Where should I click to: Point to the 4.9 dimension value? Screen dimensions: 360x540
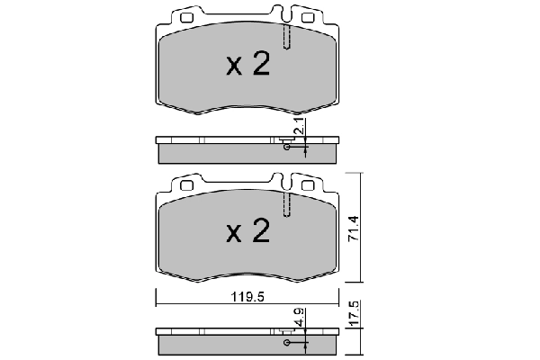297,317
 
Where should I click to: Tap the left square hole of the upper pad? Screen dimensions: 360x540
187,17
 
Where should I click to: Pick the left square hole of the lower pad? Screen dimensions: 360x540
187,184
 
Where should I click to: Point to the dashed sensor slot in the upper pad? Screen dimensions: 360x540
286,36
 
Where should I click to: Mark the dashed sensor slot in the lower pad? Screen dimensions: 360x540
286,203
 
